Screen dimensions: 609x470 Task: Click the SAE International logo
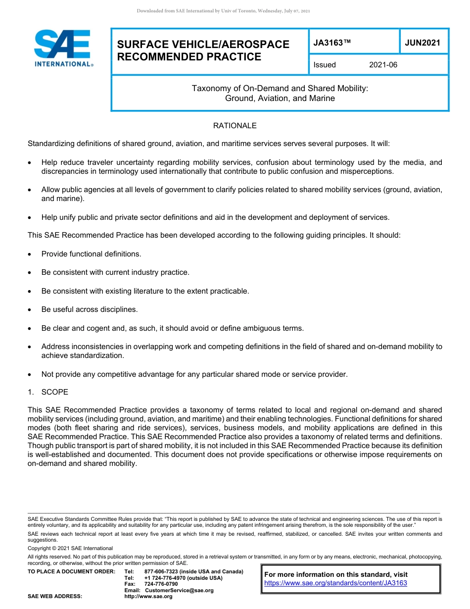tap(63, 48)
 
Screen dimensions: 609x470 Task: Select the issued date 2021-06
tap(383, 65)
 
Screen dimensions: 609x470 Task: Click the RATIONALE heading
tap(235, 126)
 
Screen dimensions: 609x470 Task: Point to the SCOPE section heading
tap(54, 392)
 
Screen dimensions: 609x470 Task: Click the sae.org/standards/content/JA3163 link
tap(335, 583)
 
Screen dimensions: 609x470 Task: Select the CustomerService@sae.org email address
tap(179, 590)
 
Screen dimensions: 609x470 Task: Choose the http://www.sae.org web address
tap(148, 597)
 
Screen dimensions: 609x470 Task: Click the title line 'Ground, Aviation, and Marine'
tap(280, 99)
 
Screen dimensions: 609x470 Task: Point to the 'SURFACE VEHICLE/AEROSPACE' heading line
tap(203, 45)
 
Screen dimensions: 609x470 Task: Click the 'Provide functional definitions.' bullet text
tap(91, 254)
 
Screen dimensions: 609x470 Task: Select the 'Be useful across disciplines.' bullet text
tap(90, 309)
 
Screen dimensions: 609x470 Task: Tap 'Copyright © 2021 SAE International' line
tap(70, 549)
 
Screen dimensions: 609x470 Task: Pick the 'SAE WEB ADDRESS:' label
tap(55, 597)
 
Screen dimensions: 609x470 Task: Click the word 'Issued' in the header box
tap(324, 65)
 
